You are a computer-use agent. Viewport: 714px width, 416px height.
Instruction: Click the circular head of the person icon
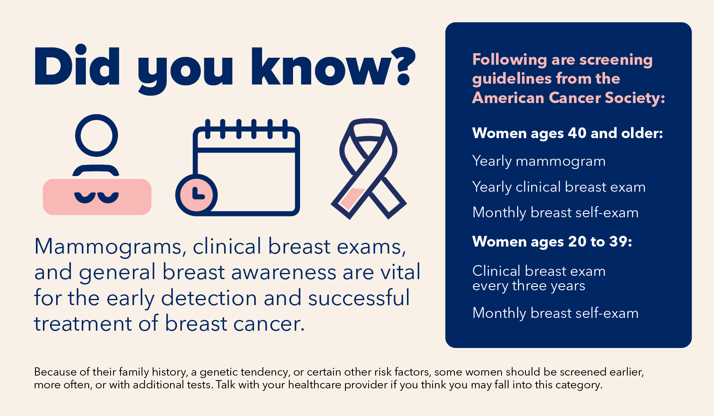pyautogui.click(x=97, y=136)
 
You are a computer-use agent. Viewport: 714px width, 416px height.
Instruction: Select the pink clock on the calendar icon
pyautogui.click(x=196, y=195)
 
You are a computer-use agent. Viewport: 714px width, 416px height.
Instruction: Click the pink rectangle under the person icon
pyautogui.click(x=97, y=197)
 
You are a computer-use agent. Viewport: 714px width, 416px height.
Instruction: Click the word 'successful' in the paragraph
pyautogui.click(x=359, y=298)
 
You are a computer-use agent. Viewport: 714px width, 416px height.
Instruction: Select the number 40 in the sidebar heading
pyautogui.click(x=577, y=133)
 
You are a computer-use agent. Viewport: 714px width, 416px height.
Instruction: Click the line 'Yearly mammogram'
pyautogui.click(x=539, y=161)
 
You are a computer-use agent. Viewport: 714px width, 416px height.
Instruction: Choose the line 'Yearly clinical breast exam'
pyautogui.click(x=559, y=187)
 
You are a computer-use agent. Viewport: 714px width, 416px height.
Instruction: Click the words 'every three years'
pyautogui.click(x=529, y=286)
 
